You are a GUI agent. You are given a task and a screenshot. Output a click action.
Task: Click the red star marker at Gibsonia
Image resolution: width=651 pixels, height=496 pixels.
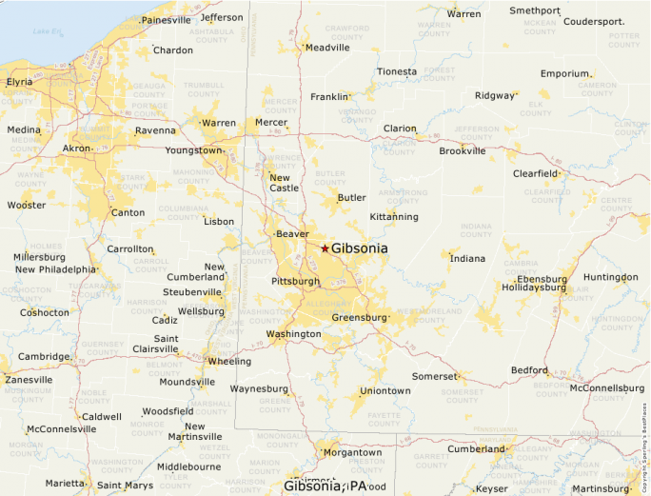click(x=325, y=248)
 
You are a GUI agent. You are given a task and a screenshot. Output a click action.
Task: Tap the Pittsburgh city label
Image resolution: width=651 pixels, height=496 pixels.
click(x=295, y=282)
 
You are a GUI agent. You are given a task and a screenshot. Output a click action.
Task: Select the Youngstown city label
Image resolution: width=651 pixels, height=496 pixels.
click(x=193, y=150)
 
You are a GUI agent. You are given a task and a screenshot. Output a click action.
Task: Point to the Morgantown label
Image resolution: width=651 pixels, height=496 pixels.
click(x=352, y=452)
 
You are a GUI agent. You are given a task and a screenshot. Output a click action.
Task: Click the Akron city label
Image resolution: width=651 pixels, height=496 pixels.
click(x=76, y=149)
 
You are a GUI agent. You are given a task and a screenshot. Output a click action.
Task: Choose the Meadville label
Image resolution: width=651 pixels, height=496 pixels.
click(x=328, y=48)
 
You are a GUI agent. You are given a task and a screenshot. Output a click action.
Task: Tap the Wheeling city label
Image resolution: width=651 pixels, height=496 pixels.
click(x=229, y=362)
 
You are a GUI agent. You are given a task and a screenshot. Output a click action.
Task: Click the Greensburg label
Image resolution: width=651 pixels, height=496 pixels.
click(x=360, y=318)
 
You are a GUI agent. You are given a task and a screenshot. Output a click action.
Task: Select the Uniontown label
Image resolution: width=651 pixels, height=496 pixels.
click(x=385, y=391)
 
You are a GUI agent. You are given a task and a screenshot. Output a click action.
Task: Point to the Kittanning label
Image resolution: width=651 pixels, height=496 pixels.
click(x=394, y=217)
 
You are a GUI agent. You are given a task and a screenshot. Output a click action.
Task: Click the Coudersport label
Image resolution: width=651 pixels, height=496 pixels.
click(x=594, y=21)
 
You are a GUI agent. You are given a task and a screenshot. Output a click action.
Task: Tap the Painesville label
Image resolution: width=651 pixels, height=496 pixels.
click(x=166, y=20)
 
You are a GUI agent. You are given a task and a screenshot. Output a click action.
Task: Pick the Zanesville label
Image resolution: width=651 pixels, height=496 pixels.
click(x=29, y=379)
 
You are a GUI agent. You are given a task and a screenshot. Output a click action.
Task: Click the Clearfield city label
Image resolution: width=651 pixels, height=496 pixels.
click(x=535, y=174)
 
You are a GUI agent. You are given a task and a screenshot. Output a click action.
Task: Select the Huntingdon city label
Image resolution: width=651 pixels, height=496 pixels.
click(x=610, y=277)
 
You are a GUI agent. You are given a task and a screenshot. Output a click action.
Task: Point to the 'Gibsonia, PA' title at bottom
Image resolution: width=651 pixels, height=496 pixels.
click(x=325, y=486)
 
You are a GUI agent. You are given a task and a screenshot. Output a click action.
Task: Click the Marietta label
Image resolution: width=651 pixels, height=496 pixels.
click(x=64, y=483)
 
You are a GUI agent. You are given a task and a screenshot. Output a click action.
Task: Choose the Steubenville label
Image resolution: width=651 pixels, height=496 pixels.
click(x=192, y=292)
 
